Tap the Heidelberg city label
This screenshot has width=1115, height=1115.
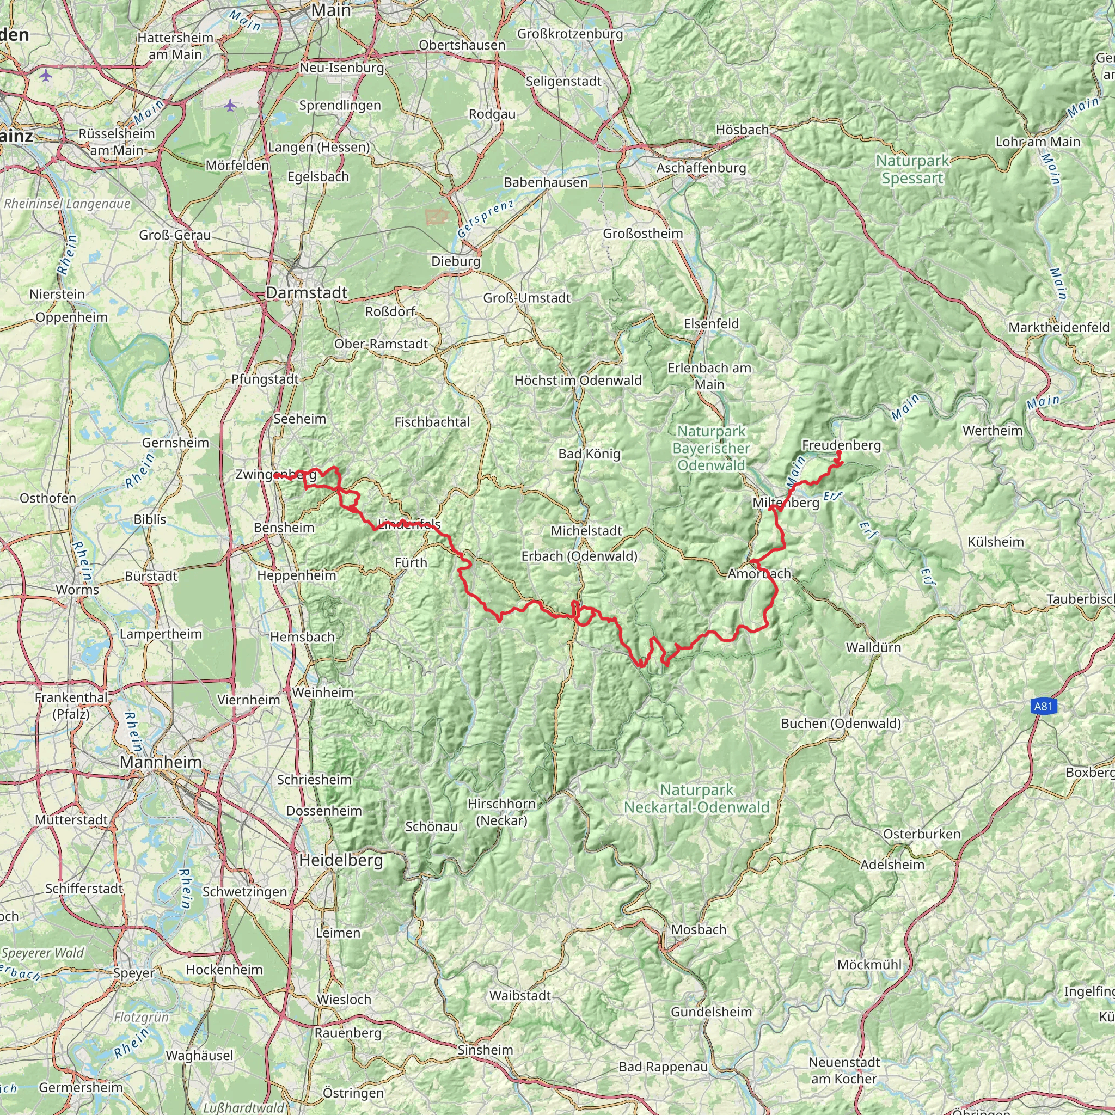click(340, 861)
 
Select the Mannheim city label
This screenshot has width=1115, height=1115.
click(161, 762)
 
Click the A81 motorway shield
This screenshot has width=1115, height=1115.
click(1043, 706)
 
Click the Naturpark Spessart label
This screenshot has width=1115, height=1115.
click(912, 170)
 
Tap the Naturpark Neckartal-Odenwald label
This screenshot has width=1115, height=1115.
click(696, 798)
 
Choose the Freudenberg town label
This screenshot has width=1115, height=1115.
click(842, 445)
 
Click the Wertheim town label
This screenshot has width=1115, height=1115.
click(992, 431)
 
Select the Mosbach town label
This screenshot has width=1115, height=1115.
click(699, 930)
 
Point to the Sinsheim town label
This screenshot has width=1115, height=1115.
click(485, 1050)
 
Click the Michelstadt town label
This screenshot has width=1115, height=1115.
click(586, 531)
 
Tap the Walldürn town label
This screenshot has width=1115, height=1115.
click(873, 647)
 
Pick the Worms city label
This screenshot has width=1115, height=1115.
click(77, 590)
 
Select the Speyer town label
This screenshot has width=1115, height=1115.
click(134, 973)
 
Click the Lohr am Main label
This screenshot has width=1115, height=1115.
click(1038, 142)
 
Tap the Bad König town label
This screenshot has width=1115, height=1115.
click(589, 454)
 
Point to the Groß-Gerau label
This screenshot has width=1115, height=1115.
click(175, 235)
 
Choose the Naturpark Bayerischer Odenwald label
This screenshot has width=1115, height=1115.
click(711, 448)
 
